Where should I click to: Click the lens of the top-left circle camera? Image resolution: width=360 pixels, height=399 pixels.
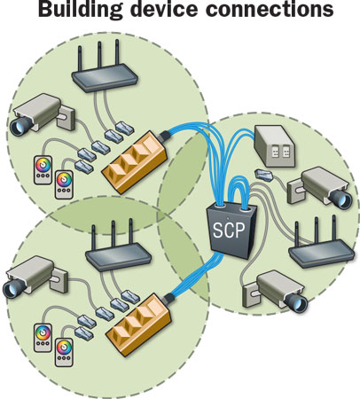coord(19,128)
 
